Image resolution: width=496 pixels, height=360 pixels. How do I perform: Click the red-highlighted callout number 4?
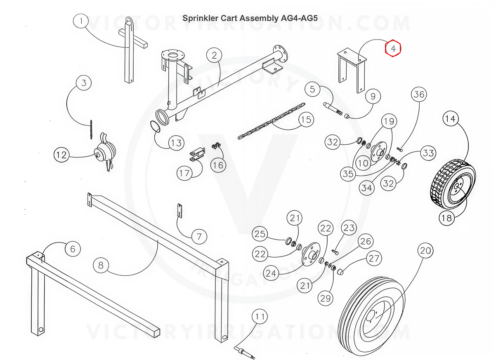click(x=393, y=49)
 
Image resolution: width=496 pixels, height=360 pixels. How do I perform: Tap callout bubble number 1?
click(x=82, y=21)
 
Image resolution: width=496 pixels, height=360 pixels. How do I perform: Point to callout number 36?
click(x=419, y=95)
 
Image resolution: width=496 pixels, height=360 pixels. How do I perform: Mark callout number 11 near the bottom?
click(x=260, y=318)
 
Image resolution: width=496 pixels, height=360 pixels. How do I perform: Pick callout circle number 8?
click(x=101, y=266)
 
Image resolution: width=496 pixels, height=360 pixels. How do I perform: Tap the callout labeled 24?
click(x=272, y=273)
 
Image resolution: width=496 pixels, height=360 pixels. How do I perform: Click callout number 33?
click(x=428, y=153)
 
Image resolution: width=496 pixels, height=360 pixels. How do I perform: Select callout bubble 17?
click(x=184, y=173)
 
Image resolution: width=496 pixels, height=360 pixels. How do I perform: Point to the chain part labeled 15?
click(x=270, y=122)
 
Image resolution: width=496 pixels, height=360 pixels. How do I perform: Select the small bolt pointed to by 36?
click(x=399, y=148)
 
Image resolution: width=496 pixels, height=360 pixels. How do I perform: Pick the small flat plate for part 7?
click(x=180, y=210)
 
